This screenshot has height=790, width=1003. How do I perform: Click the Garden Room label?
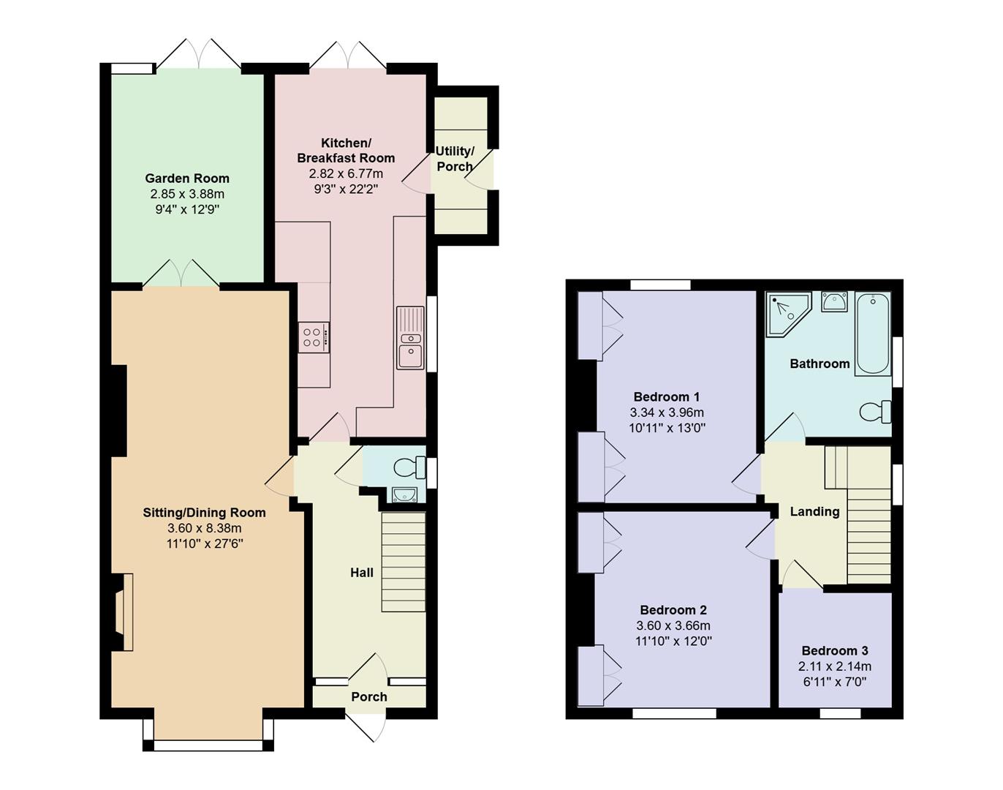[x=187, y=178]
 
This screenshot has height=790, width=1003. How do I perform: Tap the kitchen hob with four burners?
[x=314, y=337]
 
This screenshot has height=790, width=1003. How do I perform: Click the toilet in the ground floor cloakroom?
[x=409, y=466]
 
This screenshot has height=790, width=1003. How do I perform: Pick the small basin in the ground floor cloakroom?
[x=404, y=495]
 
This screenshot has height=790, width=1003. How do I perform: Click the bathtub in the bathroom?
[x=873, y=334]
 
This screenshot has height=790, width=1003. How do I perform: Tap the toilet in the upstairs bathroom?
[x=875, y=412]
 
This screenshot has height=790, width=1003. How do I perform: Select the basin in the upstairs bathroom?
[x=834, y=301]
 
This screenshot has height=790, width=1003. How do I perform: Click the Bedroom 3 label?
[x=835, y=651]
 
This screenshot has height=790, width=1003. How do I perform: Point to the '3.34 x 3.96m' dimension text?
[x=667, y=413]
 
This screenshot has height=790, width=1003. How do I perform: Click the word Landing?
[x=814, y=512]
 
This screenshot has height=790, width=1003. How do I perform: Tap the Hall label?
[x=361, y=573]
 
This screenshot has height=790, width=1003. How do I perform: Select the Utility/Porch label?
[x=455, y=159]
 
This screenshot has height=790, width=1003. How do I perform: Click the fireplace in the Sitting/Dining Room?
[x=123, y=612]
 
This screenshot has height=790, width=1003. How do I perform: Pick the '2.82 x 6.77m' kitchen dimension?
[x=346, y=173]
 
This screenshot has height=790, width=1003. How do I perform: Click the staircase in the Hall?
[x=404, y=562]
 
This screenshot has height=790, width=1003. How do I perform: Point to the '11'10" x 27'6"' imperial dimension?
[x=204, y=543]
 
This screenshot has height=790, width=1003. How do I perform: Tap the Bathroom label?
[x=820, y=364]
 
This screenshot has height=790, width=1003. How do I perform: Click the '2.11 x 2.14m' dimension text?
[x=835, y=666]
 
